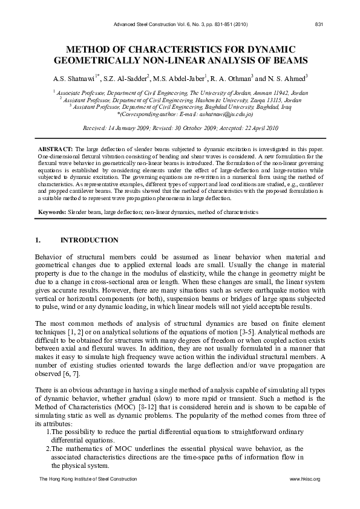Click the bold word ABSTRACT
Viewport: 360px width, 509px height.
(x=57, y=149)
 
